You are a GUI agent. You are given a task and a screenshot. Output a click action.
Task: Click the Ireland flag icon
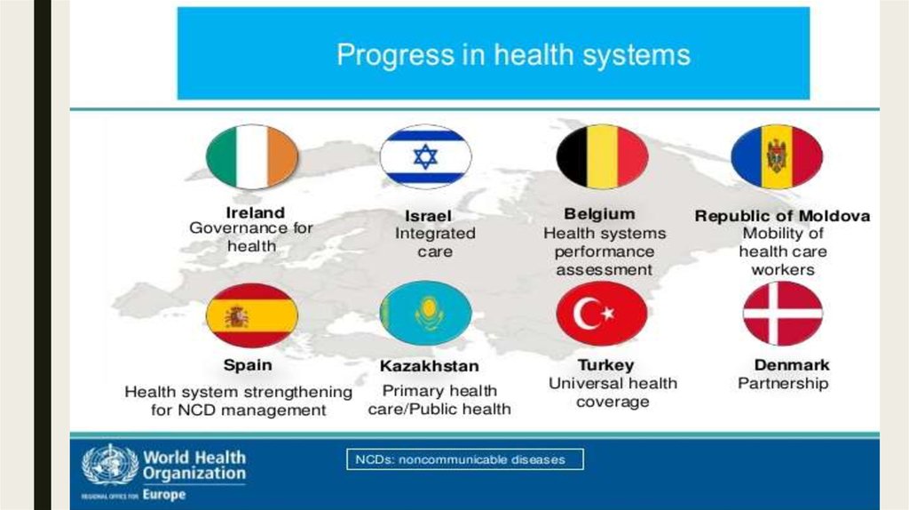[251, 156]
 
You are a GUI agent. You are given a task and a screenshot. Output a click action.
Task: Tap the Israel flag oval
[425, 156]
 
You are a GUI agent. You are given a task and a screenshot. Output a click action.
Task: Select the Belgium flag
[602, 156]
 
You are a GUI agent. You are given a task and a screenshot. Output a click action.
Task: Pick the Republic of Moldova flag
[777, 156]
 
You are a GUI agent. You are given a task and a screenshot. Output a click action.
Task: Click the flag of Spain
[251, 315]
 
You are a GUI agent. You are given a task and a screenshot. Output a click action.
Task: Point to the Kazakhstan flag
[425, 314]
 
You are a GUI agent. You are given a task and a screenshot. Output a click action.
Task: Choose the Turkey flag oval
[602, 314]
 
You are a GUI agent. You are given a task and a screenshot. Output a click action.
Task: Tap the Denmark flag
[783, 314]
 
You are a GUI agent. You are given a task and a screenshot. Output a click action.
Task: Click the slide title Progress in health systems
[514, 55]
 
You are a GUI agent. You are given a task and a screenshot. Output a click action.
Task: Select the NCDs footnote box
[465, 459]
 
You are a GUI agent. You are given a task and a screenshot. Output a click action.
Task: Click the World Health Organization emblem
[109, 466]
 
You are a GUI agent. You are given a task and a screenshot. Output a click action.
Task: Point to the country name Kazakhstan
[430, 366]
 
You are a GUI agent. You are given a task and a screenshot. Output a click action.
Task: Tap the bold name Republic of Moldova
[782, 216]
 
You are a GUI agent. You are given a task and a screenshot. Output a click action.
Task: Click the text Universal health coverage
[613, 393]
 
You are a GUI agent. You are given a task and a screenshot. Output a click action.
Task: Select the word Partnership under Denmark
[783, 384]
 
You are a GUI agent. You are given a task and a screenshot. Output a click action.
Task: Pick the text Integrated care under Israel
[435, 243]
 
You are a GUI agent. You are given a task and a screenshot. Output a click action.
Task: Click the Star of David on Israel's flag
[425, 156]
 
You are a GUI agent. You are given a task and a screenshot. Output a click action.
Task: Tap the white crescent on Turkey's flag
[587, 314]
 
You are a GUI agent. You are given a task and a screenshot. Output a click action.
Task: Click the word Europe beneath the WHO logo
[164, 495]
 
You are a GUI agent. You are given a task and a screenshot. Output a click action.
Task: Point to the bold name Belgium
[599, 214]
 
